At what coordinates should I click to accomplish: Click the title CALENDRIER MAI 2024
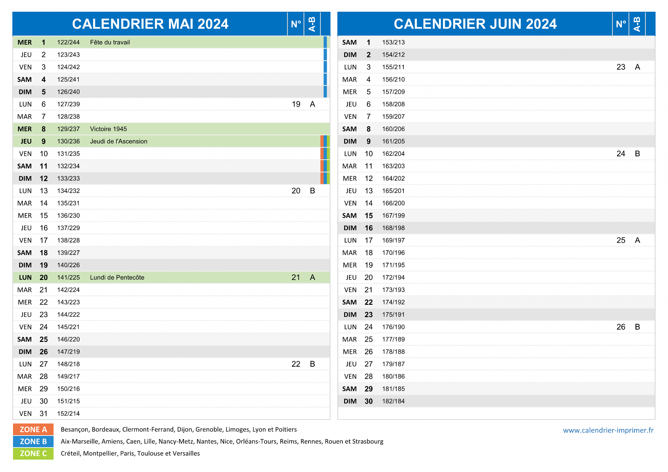[150, 24]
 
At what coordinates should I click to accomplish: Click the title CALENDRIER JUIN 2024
[475, 24]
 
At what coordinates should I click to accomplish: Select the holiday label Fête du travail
[110, 42]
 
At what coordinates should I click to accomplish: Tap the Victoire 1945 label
[108, 129]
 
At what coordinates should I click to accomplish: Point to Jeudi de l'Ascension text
[119, 141]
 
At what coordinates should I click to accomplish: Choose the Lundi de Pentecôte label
[117, 278]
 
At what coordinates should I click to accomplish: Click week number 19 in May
[296, 104]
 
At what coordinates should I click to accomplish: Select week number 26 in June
[621, 327]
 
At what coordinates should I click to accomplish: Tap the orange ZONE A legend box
[33, 429]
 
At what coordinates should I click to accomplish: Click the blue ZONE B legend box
[33, 441]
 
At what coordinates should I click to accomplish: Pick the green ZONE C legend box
[33, 453]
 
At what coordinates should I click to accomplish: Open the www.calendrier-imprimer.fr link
[608, 430]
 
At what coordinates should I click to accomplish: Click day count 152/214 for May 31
[68, 414]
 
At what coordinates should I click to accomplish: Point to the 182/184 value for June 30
[393, 401]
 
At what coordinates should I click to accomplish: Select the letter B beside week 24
[637, 154]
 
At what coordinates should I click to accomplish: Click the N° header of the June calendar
[621, 24]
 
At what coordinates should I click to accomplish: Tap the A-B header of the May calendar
[312, 24]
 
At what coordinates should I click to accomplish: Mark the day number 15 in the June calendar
[369, 216]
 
